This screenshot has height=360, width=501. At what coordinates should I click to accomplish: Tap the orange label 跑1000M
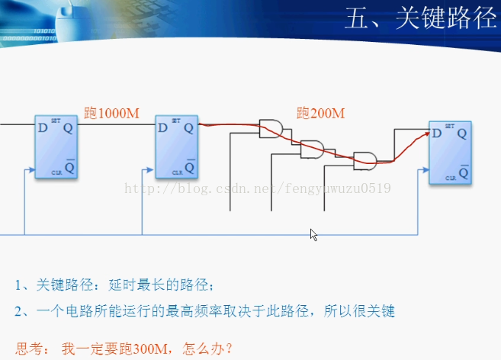tap(111, 114)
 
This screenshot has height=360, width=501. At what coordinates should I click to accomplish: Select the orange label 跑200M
tap(320, 114)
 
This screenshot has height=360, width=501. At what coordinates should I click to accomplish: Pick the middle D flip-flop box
tap(176, 146)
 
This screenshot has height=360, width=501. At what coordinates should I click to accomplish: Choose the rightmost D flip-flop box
tap(449, 153)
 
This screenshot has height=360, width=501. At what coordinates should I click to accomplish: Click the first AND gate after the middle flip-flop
tap(270, 129)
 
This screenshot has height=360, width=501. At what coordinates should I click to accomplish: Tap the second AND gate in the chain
tap(311, 149)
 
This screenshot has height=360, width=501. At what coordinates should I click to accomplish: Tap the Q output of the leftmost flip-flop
tap(69, 129)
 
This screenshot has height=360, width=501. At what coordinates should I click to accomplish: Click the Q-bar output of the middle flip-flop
tap(190, 165)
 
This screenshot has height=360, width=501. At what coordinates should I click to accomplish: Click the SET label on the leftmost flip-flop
tap(56, 121)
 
